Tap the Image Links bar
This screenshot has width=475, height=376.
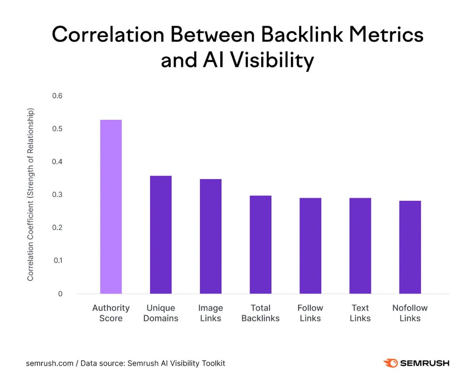tap(211, 236)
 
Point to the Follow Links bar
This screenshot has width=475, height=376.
tap(310, 246)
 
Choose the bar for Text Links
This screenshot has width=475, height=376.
tap(360, 246)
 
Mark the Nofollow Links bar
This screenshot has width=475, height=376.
tap(410, 247)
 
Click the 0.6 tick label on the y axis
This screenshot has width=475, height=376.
tap(57, 96)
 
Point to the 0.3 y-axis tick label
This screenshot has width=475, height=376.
tap(57, 195)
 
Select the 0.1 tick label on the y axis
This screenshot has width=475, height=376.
tap(57, 260)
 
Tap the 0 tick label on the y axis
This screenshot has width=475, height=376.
tap(60, 294)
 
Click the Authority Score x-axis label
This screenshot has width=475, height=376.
tap(111, 313)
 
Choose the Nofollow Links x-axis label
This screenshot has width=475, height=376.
tap(410, 313)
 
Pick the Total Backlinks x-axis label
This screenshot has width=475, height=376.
tap(260, 313)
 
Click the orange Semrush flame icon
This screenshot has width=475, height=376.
tap(390, 363)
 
